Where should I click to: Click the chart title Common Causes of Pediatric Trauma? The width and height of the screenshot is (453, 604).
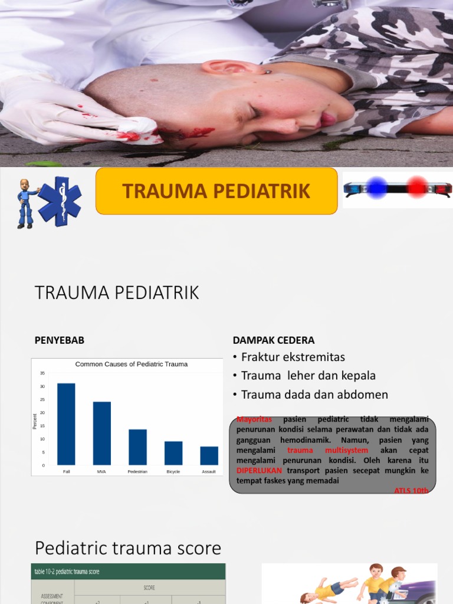pyautogui.click(x=131, y=364)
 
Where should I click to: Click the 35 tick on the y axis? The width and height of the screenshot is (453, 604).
pyautogui.click(x=42, y=373)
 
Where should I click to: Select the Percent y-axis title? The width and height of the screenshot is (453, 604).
pyautogui.click(x=35, y=421)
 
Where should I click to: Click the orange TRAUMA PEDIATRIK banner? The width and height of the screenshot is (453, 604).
pyautogui.click(x=216, y=191)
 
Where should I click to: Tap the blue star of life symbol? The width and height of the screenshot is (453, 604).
pyautogui.click(x=60, y=201)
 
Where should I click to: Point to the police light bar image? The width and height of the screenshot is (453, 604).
pyautogui.click(x=398, y=189)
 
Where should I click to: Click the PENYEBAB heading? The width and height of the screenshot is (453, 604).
pyautogui.click(x=60, y=340)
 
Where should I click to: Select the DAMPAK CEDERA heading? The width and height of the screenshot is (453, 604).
pyautogui.click(x=274, y=340)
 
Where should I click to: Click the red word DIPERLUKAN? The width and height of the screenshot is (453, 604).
pyautogui.click(x=260, y=471)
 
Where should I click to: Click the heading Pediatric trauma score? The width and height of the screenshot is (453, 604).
pyautogui.click(x=128, y=548)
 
